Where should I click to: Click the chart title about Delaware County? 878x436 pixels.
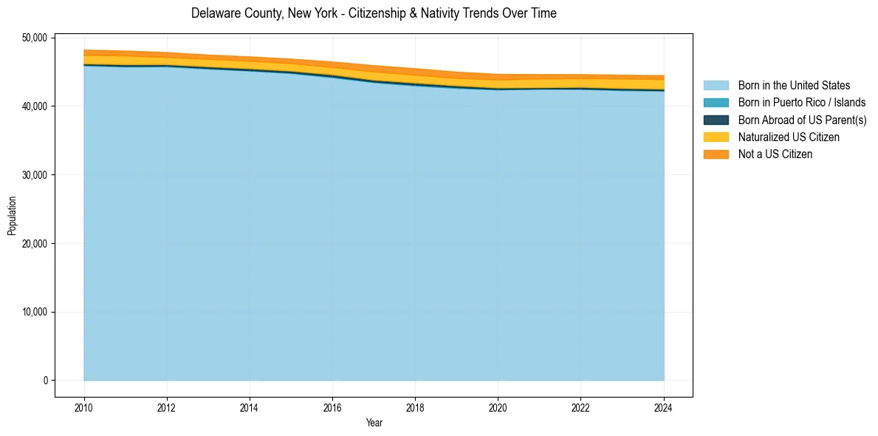[x=374, y=13]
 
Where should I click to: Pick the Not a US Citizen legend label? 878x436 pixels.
[x=775, y=154]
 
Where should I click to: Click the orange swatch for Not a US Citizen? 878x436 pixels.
[x=716, y=154]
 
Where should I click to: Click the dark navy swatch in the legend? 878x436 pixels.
[x=716, y=120]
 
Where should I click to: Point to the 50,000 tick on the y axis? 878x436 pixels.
[x=35, y=38]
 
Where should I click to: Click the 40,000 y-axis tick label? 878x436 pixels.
[x=35, y=106]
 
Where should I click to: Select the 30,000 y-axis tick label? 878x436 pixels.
[x=35, y=175]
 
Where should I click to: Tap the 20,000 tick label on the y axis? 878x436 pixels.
[x=35, y=244]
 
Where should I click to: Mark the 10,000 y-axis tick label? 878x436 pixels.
[x=35, y=312]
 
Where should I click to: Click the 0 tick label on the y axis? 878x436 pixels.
[x=44, y=381]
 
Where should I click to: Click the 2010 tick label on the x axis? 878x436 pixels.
[x=84, y=406]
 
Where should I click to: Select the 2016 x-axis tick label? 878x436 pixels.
[x=332, y=406]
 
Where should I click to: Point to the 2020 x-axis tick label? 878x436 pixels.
[x=498, y=406]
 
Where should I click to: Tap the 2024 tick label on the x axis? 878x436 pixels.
[x=664, y=406]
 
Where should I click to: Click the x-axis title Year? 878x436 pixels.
[x=374, y=423]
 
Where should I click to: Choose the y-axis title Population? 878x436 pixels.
[x=12, y=216]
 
